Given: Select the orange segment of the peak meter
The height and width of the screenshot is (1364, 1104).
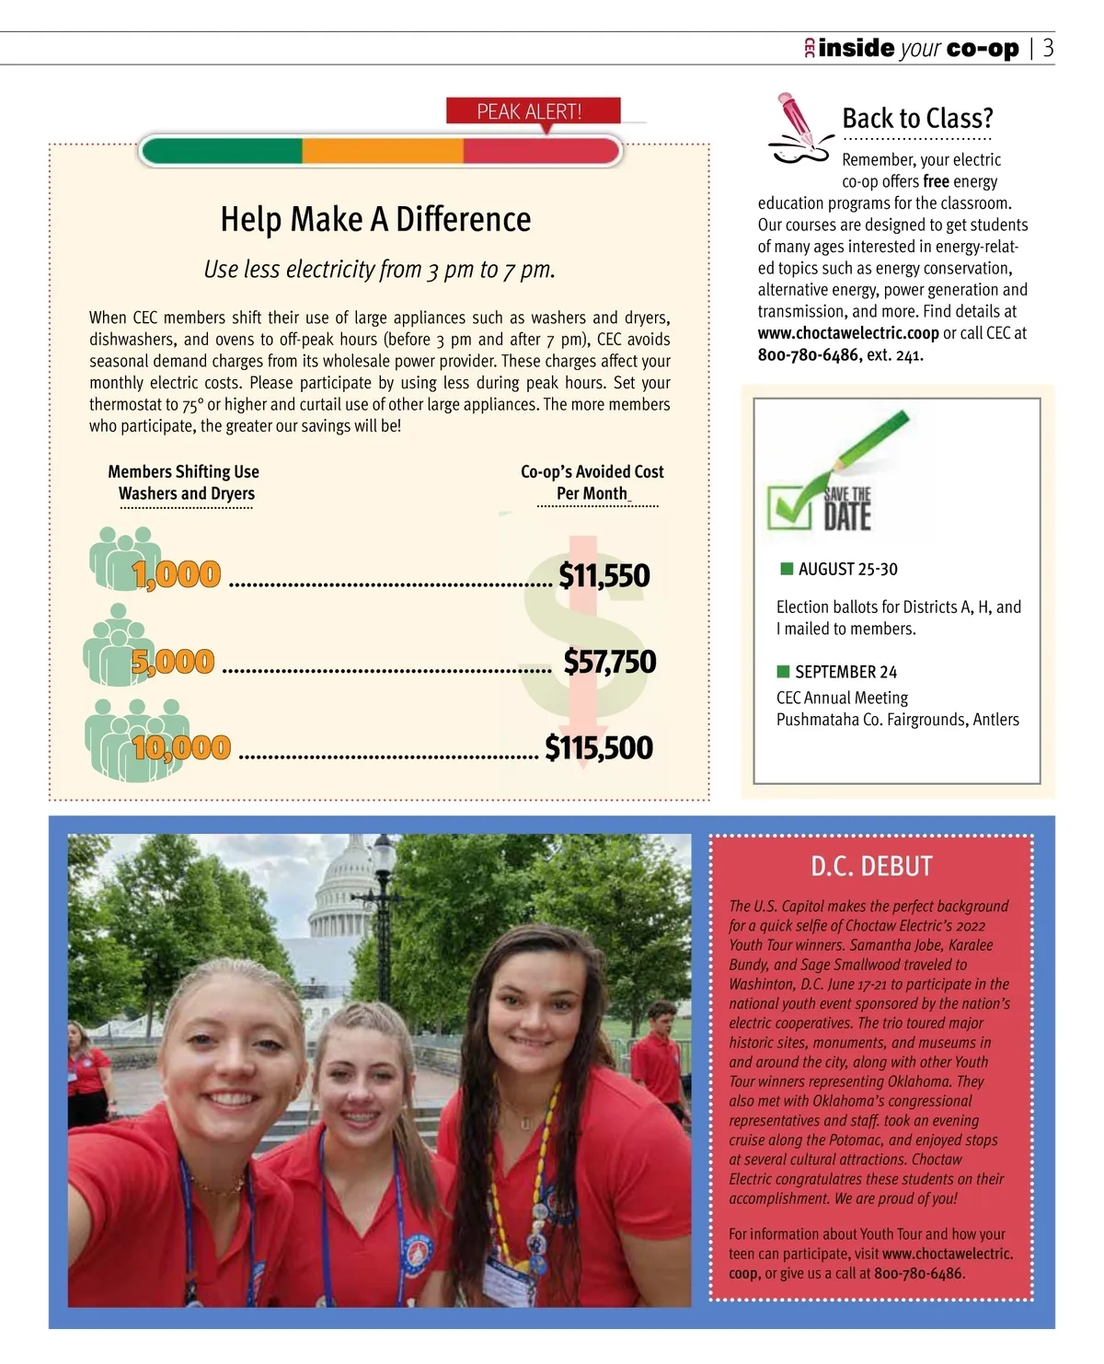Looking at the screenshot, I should (383, 151).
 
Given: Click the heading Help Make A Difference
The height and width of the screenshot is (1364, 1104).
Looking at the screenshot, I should (375, 220).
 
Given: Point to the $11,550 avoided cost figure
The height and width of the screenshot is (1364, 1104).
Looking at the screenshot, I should (604, 575).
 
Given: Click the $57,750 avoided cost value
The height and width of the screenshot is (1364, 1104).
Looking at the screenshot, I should (610, 662).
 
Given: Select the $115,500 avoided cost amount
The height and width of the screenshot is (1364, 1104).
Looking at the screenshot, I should (599, 747).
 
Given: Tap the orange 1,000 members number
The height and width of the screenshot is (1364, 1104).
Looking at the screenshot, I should (177, 575).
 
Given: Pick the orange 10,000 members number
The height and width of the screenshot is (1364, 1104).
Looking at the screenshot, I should (181, 747).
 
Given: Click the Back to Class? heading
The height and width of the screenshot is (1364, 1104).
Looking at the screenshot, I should (917, 119).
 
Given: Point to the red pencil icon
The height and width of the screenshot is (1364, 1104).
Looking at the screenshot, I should (795, 120).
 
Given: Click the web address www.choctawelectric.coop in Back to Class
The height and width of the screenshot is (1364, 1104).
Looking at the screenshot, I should (848, 333).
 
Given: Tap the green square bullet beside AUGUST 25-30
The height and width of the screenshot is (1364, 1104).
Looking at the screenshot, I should (787, 569).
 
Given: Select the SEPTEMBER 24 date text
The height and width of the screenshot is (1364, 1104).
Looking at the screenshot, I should (845, 672).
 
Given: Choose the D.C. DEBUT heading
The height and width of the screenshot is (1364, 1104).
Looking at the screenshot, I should (871, 867).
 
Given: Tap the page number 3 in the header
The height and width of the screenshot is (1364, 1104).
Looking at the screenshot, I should (1048, 49).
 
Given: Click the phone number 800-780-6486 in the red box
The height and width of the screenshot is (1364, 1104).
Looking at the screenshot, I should (917, 1274).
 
